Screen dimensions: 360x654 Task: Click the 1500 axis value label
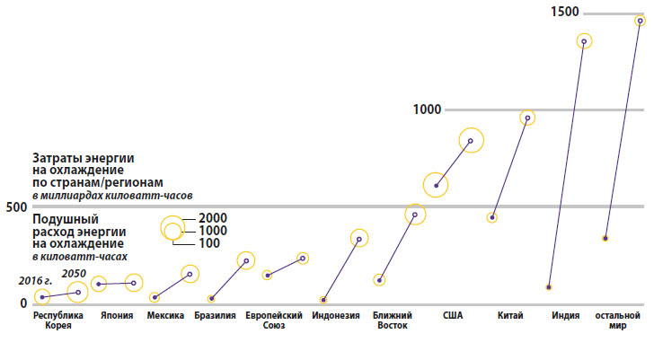coord(568,12)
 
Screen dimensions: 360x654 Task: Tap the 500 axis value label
coord(14,206)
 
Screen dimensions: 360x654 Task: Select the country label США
coord(453,316)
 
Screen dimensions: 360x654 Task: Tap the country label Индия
coord(565,316)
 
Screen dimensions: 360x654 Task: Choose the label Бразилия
coord(215,316)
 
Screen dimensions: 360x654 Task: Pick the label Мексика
coord(165,316)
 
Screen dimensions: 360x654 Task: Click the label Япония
coord(118,316)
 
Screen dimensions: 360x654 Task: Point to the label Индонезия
coord(336,316)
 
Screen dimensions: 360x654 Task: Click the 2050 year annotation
coord(75,273)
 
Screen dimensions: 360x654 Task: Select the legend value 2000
coord(213,218)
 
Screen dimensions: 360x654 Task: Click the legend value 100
coord(209,243)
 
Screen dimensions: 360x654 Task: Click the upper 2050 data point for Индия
coord(584,40)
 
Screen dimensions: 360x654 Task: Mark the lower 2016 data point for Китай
coord(492,217)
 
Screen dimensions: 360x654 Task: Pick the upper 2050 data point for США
coord(471,140)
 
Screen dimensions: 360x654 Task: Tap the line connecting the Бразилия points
coord(229,279)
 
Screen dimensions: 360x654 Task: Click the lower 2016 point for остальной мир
coord(605,238)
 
